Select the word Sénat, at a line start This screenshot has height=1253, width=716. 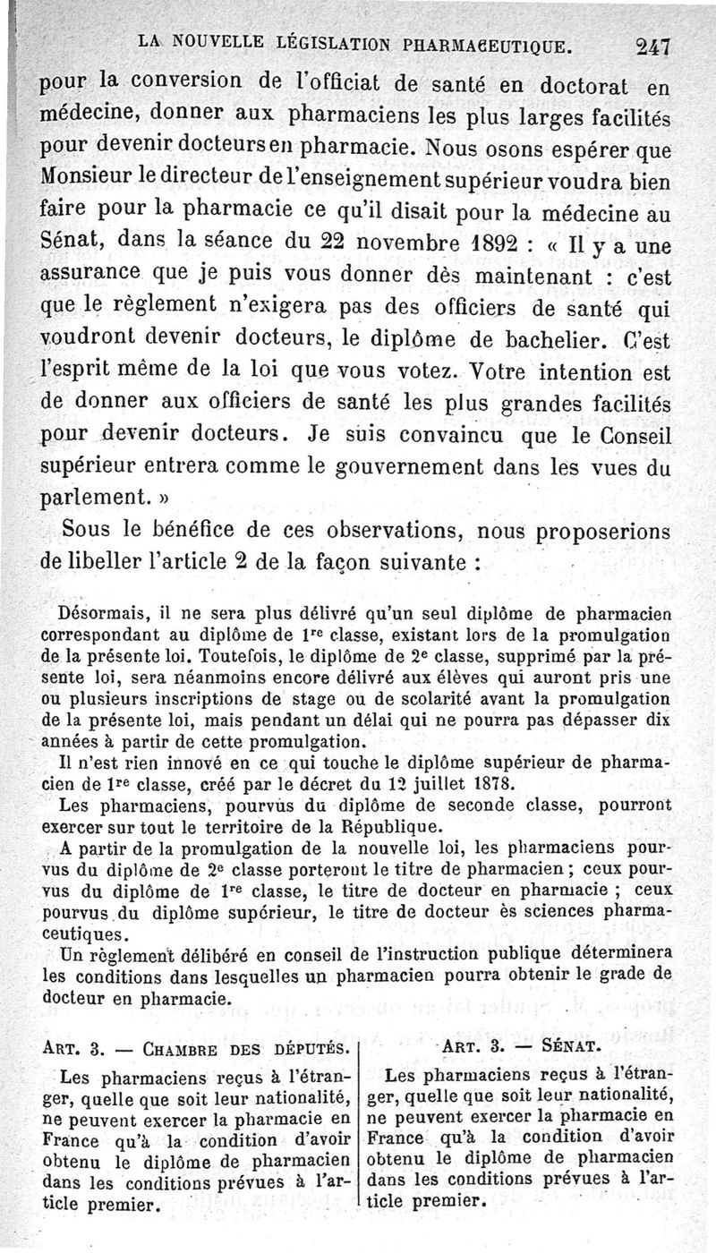pyautogui.click(x=69, y=240)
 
